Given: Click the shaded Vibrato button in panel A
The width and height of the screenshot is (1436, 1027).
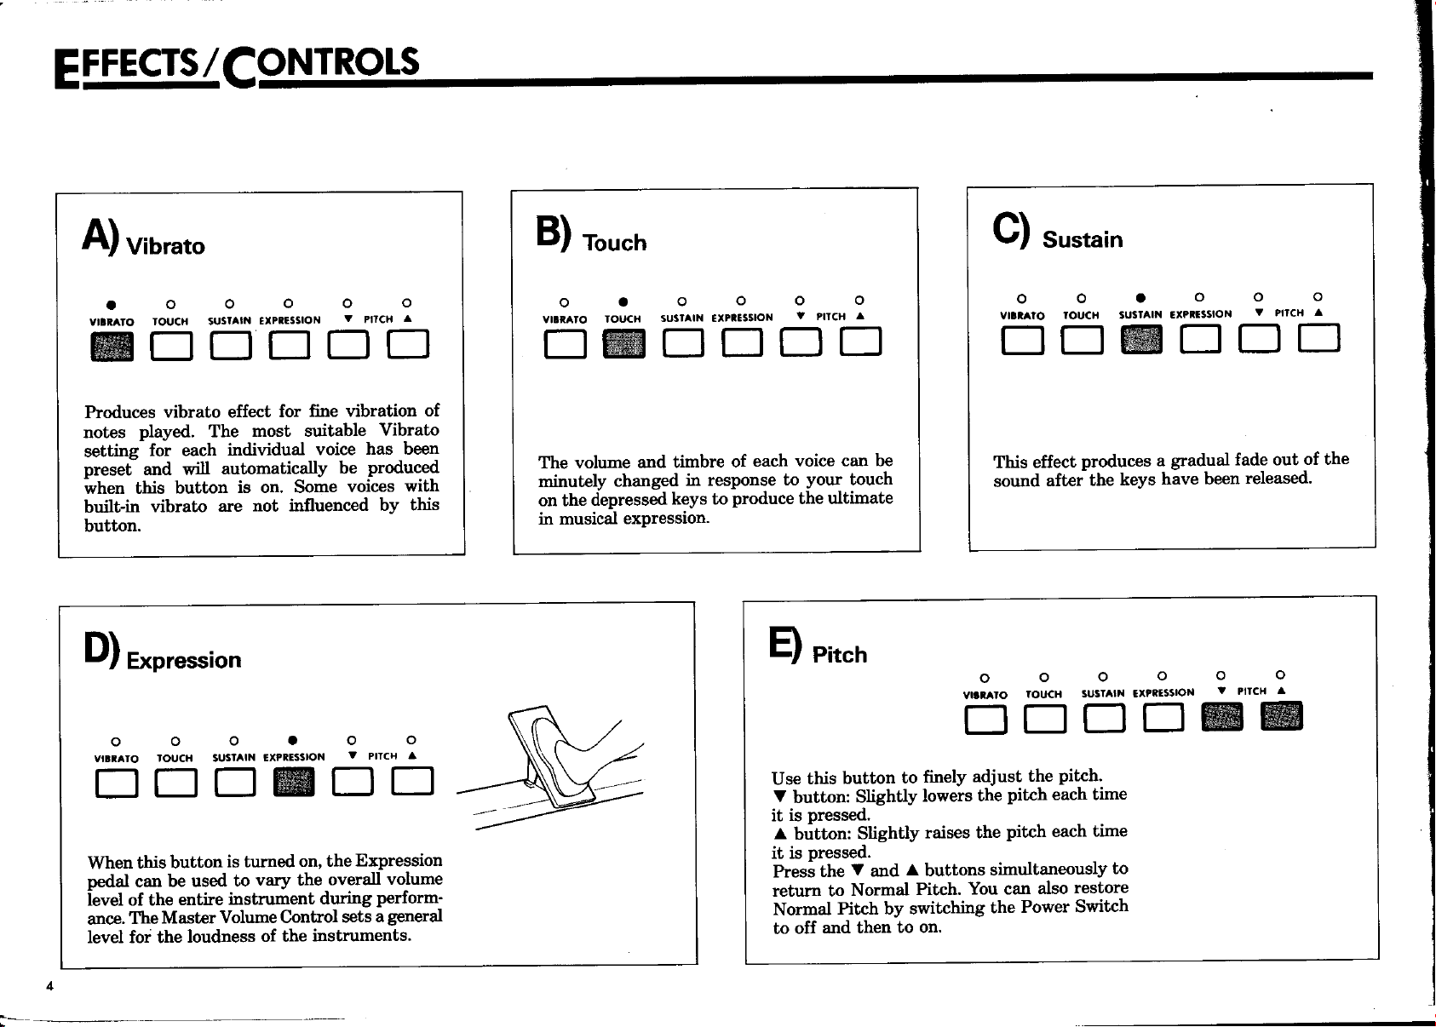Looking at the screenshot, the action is click(112, 347).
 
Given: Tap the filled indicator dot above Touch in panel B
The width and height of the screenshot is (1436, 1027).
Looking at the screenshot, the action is click(623, 302).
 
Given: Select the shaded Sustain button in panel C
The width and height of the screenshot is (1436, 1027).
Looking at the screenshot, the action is click(1141, 339).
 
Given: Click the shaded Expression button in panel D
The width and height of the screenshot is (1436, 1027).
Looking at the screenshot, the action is click(294, 782).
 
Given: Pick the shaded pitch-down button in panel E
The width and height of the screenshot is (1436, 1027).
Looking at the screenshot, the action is click(1222, 717).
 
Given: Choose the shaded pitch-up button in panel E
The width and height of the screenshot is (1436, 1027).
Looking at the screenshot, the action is click(1282, 715).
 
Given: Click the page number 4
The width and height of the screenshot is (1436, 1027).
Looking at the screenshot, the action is click(49, 986).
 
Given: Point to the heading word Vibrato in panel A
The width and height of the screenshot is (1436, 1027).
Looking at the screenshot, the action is click(165, 246).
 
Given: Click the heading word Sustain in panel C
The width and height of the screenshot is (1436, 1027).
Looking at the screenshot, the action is click(1083, 240).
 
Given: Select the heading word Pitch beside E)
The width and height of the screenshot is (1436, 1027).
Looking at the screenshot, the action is click(839, 655).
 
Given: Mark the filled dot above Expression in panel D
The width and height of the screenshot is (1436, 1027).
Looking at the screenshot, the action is click(293, 740).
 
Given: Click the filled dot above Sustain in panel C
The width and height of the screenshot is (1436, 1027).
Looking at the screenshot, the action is click(1140, 297).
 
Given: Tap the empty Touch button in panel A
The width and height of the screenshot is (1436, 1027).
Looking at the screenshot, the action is click(171, 347).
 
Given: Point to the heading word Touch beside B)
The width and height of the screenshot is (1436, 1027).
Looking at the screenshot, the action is click(614, 243).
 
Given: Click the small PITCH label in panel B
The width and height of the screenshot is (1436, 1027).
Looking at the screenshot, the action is click(830, 317).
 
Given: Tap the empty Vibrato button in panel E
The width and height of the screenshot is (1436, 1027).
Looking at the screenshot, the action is click(986, 720).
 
